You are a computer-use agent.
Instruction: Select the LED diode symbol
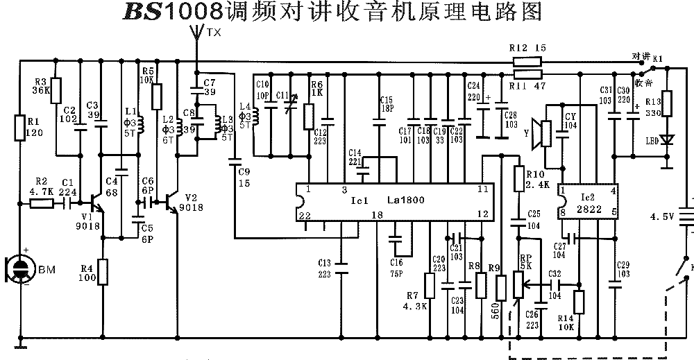click(x=668, y=139)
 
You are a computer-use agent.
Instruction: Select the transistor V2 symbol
click(x=172, y=202)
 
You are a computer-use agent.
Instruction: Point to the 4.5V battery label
click(x=661, y=216)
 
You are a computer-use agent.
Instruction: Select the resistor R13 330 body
click(x=668, y=105)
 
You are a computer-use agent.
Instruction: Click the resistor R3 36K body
click(x=57, y=91)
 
